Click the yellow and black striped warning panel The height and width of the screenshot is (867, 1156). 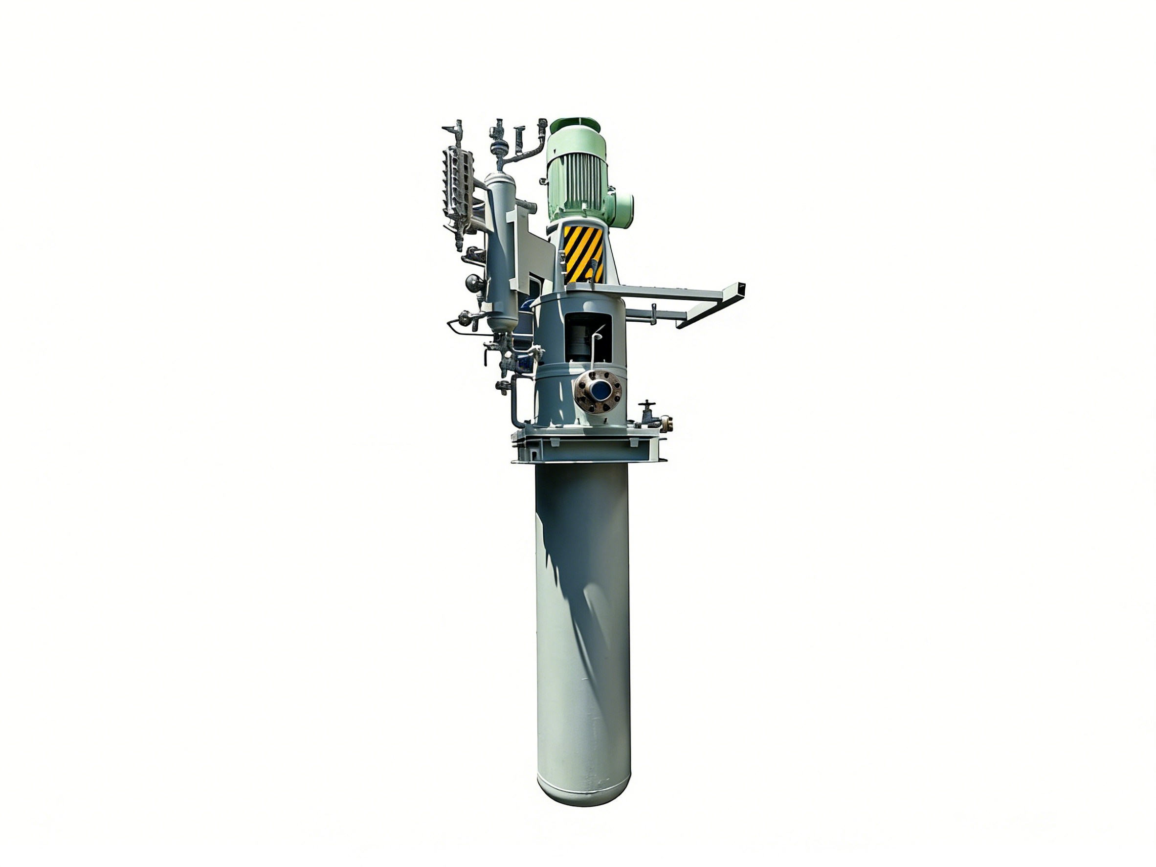coord(583,254)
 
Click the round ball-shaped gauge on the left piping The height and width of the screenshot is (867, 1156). coord(474,284)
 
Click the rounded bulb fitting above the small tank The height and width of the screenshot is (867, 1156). coord(500,148)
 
